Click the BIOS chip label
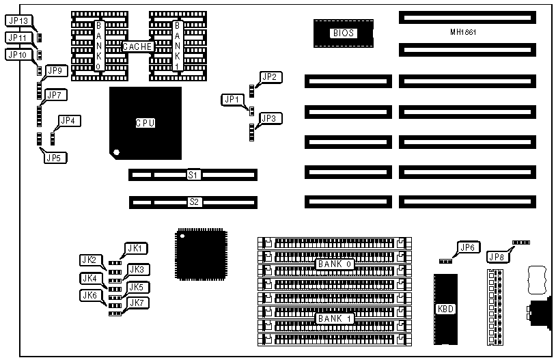pos(343,33)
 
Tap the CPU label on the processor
pos(145,123)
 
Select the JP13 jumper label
pos(18,20)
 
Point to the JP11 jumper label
pos(18,37)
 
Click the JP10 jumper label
pos(18,54)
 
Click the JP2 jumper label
pos(270,77)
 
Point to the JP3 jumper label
pos(270,118)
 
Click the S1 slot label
pos(193,176)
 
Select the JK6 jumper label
pos(90,296)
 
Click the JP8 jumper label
pos(497,257)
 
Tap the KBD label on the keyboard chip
pos(444,309)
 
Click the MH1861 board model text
pos(463,32)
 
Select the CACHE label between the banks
pos(137,46)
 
